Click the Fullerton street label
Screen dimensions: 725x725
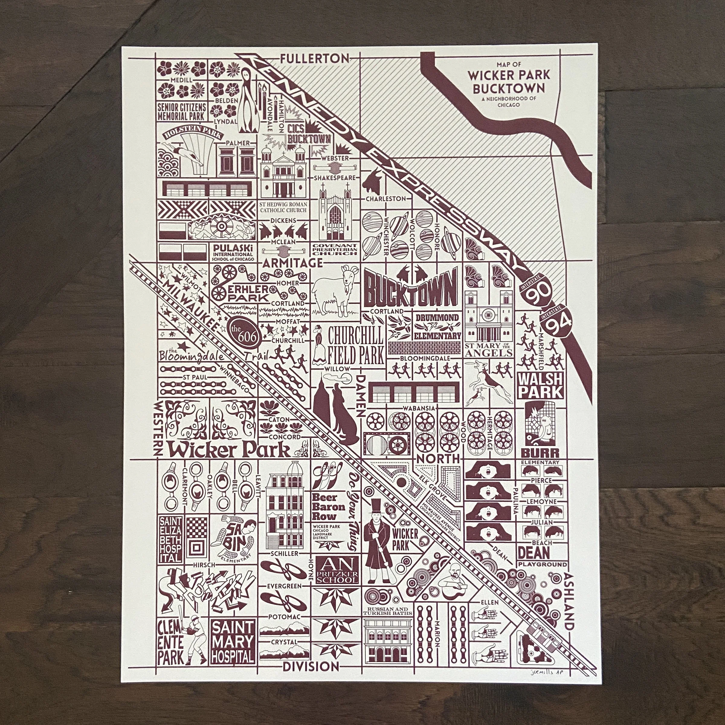click(314, 59)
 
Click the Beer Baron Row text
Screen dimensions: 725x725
click(328, 507)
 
